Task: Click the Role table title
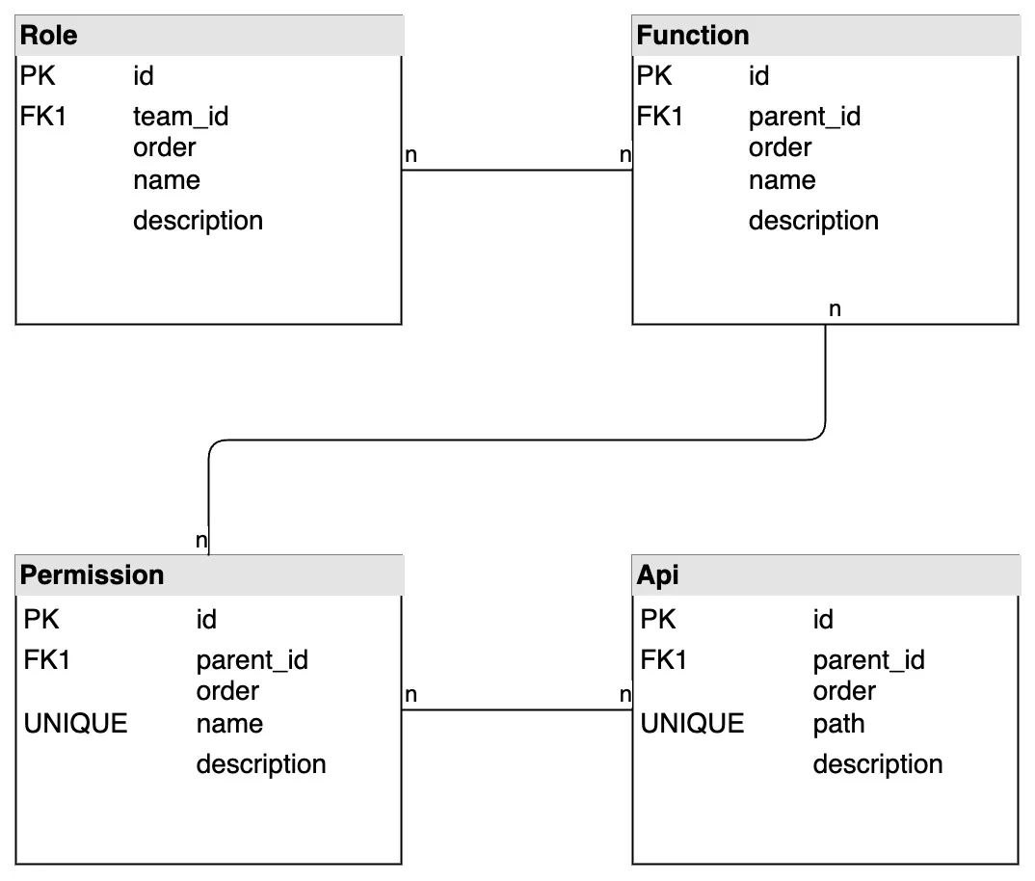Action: (x=49, y=36)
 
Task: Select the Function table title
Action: (x=692, y=36)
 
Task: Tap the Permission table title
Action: (x=92, y=575)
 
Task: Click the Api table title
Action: (x=657, y=575)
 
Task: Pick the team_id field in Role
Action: (x=180, y=117)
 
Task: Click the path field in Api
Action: (x=838, y=724)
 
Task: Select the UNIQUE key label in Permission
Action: (x=75, y=724)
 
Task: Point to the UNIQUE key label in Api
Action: (x=692, y=724)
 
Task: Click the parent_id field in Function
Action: (x=804, y=117)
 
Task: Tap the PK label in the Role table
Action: (x=38, y=75)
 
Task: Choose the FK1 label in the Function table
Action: (x=659, y=117)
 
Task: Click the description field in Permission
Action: (x=260, y=764)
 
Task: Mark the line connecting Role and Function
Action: (x=517, y=171)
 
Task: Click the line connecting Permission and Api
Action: (x=517, y=710)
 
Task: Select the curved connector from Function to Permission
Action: (x=517, y=440)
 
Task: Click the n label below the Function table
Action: (x=835, y=309)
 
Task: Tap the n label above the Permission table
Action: (x=200, y=541)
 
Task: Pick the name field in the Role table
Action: (x=166, y=180)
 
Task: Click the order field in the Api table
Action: (x=843, y=691)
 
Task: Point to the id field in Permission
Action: (x=206, y=619)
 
